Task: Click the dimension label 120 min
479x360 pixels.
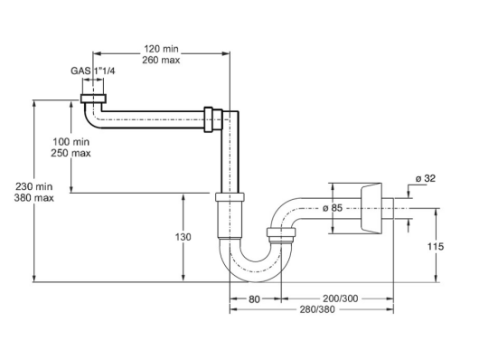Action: point(161,49)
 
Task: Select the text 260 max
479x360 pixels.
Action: point(161,60)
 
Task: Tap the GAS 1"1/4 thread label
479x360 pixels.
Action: point(93,71)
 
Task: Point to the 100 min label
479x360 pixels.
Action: point(71,142)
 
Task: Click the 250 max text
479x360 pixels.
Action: point(70,153)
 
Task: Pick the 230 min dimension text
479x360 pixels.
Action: point(34,186)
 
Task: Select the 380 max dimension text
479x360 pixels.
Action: point(34,198)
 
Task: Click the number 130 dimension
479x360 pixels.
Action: point(183,237)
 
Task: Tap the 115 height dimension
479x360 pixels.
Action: point(436,246)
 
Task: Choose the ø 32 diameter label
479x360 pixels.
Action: point(426,178)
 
